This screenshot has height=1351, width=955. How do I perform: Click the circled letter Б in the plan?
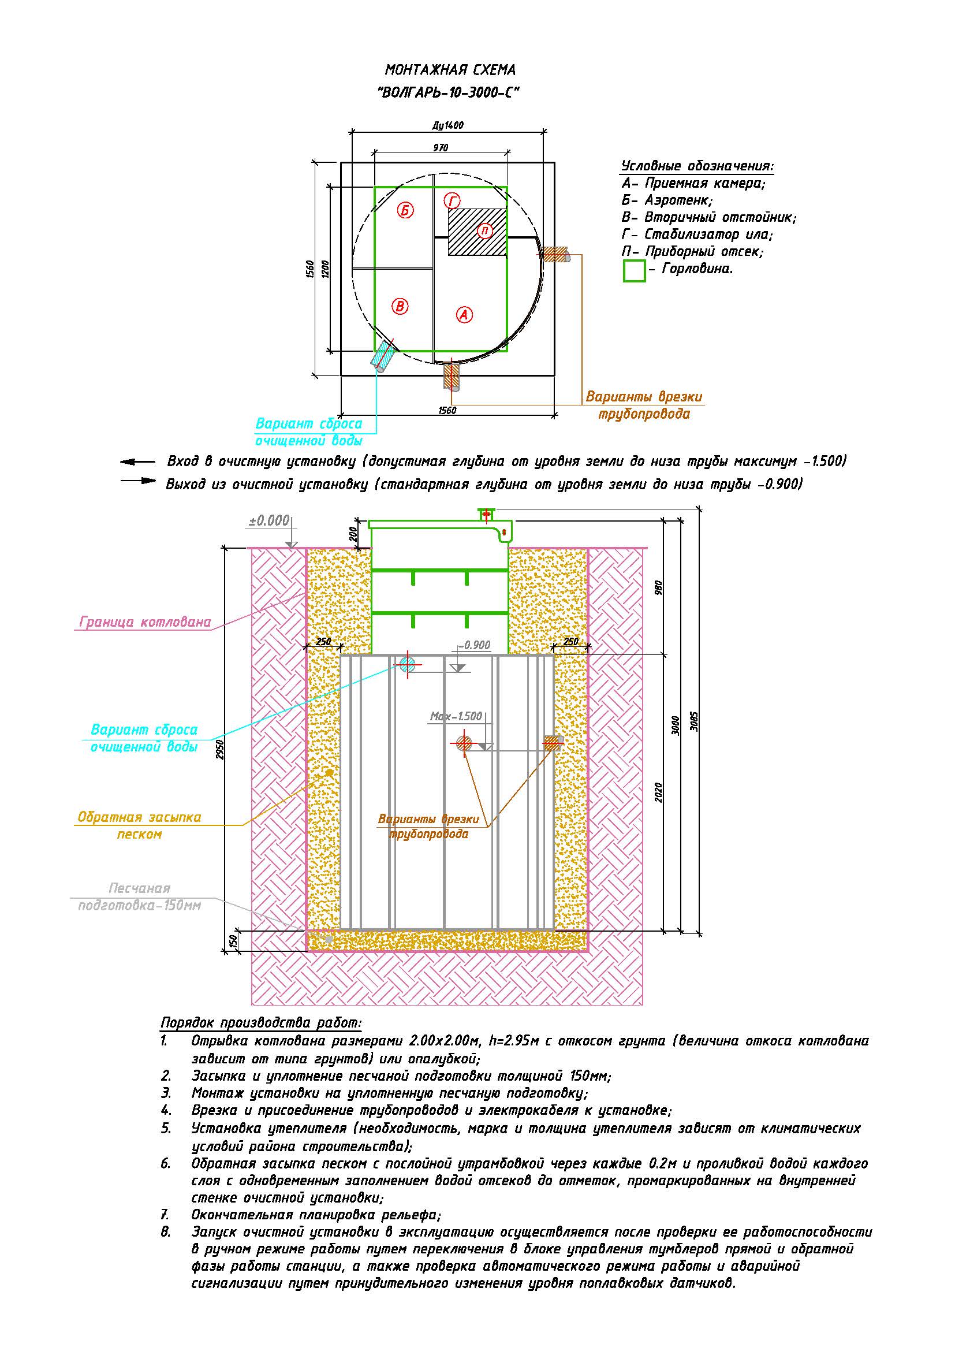(405, 210)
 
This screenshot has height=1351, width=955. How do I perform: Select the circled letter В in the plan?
(400, 306)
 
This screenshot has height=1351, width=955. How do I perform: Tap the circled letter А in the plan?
(465, 315)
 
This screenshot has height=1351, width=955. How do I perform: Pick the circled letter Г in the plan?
(452, 200)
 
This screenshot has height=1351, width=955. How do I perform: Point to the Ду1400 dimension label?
(447, 125)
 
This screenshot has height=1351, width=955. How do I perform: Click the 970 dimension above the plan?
(441, 148)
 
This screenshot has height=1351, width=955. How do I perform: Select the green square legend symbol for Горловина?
(634, 271)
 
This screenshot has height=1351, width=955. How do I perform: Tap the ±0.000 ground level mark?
(268, 521)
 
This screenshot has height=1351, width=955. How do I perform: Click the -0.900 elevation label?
(475, 645)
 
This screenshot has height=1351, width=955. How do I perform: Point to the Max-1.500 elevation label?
(456, 716)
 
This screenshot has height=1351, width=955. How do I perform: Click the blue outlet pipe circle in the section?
(408, 665)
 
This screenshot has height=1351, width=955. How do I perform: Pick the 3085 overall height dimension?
(694, 721)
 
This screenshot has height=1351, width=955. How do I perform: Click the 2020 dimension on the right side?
(659, 791)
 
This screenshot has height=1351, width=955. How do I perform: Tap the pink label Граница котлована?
(145, 622)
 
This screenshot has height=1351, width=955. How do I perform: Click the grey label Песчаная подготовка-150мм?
(139, 897)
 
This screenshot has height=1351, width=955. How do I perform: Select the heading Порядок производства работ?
(261, 1022)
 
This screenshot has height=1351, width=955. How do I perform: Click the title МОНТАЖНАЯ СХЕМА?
(450, 70)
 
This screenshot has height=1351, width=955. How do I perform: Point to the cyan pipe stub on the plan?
(383, 355)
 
